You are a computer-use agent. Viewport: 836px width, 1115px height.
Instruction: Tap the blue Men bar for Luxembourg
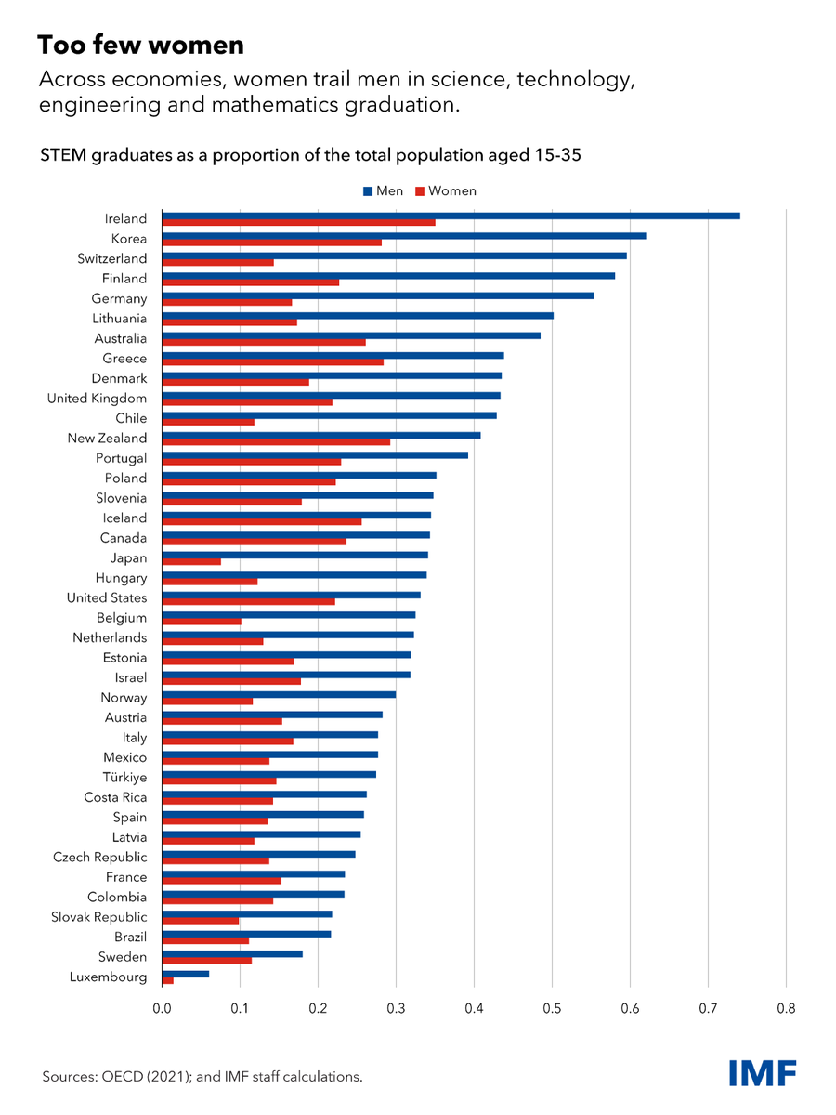pyautogui.click(x=185, y=974)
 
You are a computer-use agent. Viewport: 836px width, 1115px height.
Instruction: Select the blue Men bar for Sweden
pyautogui.click(x=232, y=953)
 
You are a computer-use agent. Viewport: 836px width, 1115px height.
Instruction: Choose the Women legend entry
pyautogui.click(x=445, y=191)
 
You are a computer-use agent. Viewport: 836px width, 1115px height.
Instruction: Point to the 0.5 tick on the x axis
pyautogui.click(x=552, y=1007)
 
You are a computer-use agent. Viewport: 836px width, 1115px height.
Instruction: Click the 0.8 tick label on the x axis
pyautogui.click(x=786, y=1007)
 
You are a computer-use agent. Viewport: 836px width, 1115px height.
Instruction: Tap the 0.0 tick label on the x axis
pyautogui.click(x=163, y=1007)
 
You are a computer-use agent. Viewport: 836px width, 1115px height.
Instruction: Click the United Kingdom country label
pyautogui.click(x=97, y=399)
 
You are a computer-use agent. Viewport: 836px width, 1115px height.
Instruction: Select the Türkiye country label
pyautogui.click(x=124, y=778)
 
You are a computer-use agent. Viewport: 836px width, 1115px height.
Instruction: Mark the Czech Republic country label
pyautogui.click(x=99, y=858)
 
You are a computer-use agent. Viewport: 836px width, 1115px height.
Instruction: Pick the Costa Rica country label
pyautogui.click(x=115, y=797)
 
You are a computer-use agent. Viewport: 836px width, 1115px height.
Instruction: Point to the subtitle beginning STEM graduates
pyautogui.click(x=310, y=155)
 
